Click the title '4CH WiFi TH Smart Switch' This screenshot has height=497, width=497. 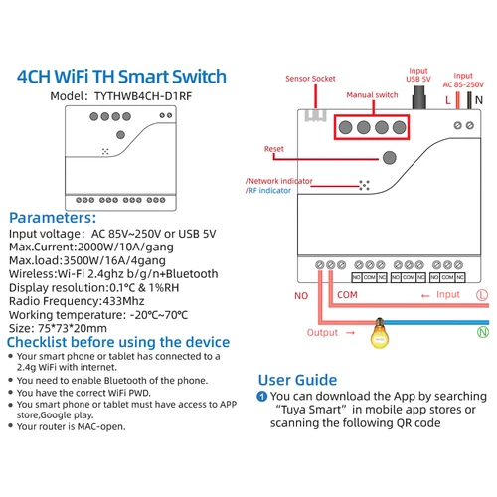[122, 76]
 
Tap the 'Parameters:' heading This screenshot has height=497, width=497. [54, 217]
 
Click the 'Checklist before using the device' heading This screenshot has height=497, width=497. [118, 341]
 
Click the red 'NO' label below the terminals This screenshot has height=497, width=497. [301, 295]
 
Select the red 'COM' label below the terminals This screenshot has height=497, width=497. [348, 295]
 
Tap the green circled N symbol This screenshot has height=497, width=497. [483, 332]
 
